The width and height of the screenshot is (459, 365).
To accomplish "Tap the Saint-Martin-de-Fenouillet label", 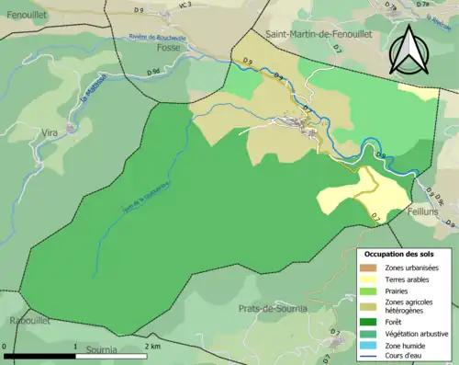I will click(318, 33).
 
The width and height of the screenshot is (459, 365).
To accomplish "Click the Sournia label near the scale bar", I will click(103, 350).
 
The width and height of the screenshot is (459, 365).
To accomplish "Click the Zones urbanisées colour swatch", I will click(371, 268).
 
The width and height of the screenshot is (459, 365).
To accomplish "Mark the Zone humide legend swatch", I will click(371, 345).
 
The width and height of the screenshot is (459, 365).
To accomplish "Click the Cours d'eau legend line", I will click(371, 357).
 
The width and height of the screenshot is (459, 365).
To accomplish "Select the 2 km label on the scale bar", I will click(153, 346).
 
